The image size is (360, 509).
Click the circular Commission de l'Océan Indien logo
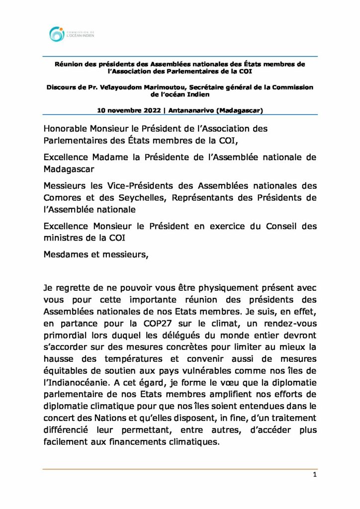(x=57, y=34)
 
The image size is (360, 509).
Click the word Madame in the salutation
(x=108, y=158)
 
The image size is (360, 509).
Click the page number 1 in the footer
(x=315, y=475)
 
